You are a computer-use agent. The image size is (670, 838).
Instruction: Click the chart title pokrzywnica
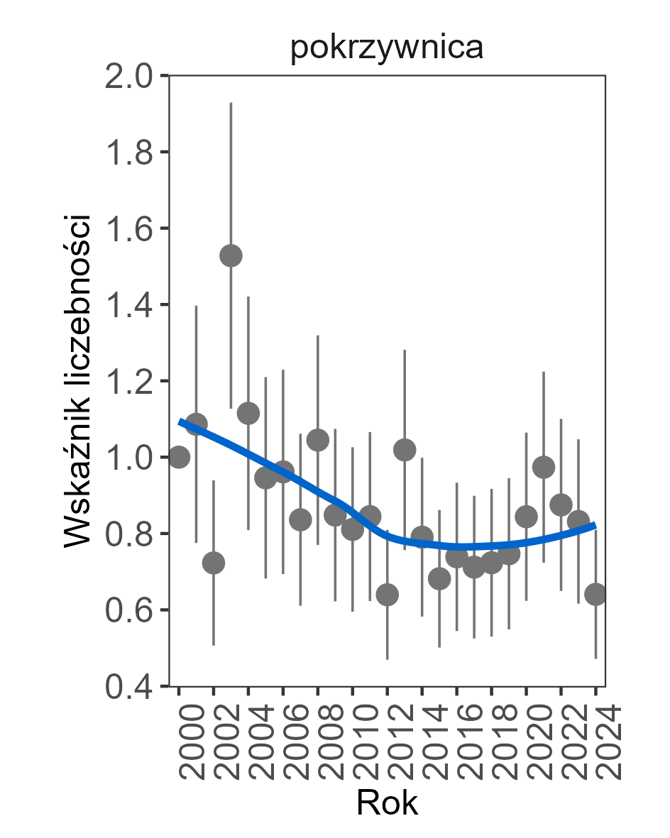[x=387, y=48]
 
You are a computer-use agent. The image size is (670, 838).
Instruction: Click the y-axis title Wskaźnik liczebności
[x=77, y=380]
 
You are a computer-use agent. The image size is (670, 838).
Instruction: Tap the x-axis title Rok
[x=387, y=803]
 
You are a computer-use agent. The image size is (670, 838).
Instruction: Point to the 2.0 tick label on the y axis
[x=131, y=76]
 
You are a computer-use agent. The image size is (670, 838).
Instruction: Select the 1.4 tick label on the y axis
[x=131, y=305]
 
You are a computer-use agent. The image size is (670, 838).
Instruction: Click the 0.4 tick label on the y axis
[x=131, y=687]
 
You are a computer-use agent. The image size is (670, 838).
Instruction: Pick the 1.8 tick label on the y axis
[x=131, y=153]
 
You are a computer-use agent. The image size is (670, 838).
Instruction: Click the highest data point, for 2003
[x=231, y=255]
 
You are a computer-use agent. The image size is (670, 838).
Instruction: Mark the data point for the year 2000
[x=179, y=457]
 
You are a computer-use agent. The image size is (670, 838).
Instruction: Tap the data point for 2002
[x=214, y=563]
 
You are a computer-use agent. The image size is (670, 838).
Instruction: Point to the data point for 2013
[x=405, y=450]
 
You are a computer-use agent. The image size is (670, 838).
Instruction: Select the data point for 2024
[x=595, y=594]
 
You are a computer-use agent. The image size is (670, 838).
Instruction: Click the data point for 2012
[x=387, y=594]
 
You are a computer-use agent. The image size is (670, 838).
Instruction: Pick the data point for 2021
[x=544, y=467]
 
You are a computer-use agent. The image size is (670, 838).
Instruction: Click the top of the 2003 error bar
[x=231, y=104]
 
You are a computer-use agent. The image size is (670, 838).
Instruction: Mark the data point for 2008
[x=317, y=440]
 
